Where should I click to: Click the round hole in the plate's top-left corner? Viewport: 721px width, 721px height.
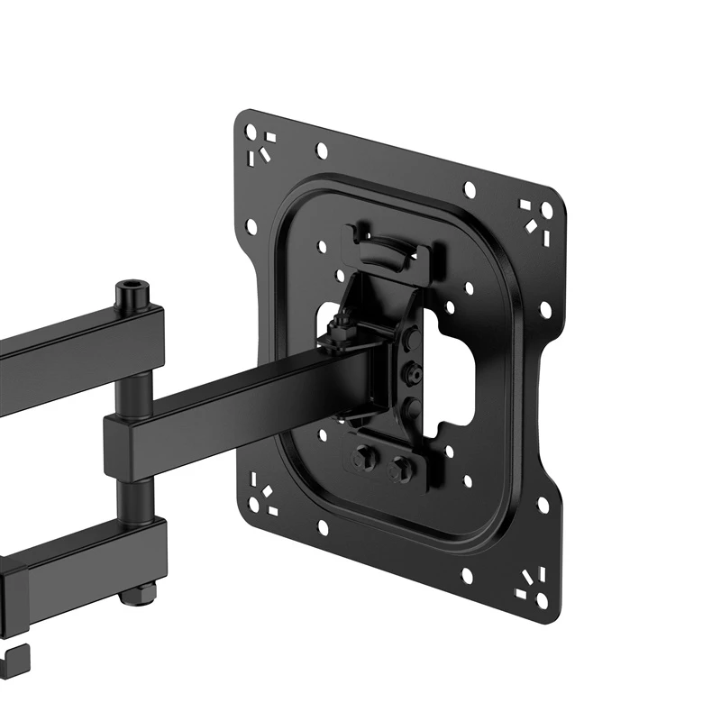point(251,132)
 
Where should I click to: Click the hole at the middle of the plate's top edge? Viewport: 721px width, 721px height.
point(469,189)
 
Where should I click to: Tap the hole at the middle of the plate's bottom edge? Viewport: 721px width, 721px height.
point(467,574)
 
